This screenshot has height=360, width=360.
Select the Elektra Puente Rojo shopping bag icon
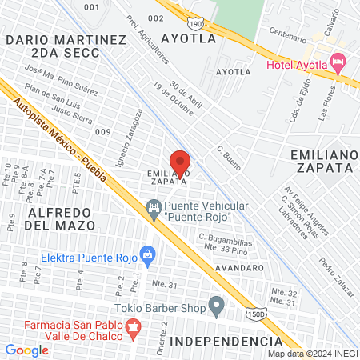pos(147,254)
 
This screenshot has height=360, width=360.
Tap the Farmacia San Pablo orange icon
pos(133,326)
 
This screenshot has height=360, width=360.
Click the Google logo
pos(26,350)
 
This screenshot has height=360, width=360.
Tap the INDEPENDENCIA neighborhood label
pos(226,342)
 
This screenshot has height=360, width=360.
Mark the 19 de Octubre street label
pos(173,100)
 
